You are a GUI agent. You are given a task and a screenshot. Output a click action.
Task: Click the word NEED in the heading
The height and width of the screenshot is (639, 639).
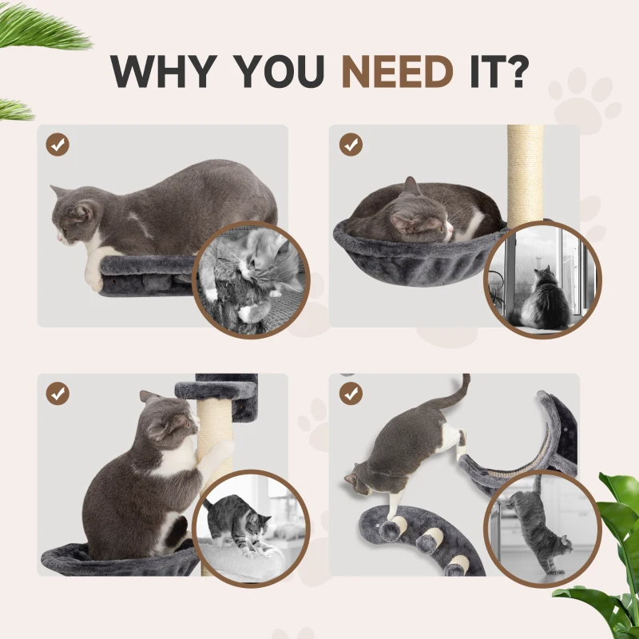point(397,72)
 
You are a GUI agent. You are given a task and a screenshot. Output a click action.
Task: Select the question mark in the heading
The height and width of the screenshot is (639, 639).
point(516,72)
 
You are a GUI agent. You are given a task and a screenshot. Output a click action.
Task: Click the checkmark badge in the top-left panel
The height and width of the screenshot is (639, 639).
point(58,145)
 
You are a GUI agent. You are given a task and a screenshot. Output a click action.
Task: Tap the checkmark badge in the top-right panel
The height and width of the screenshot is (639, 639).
point(351,145)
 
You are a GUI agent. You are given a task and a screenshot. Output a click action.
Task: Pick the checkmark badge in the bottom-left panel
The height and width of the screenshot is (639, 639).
point(58,393)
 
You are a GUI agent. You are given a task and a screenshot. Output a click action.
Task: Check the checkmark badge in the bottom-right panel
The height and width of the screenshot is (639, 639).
point(351,393)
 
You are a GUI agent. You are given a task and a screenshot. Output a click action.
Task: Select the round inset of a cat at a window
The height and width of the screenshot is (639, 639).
point(544,280)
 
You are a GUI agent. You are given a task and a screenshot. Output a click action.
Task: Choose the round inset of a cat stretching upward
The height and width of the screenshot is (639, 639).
point(543,527)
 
